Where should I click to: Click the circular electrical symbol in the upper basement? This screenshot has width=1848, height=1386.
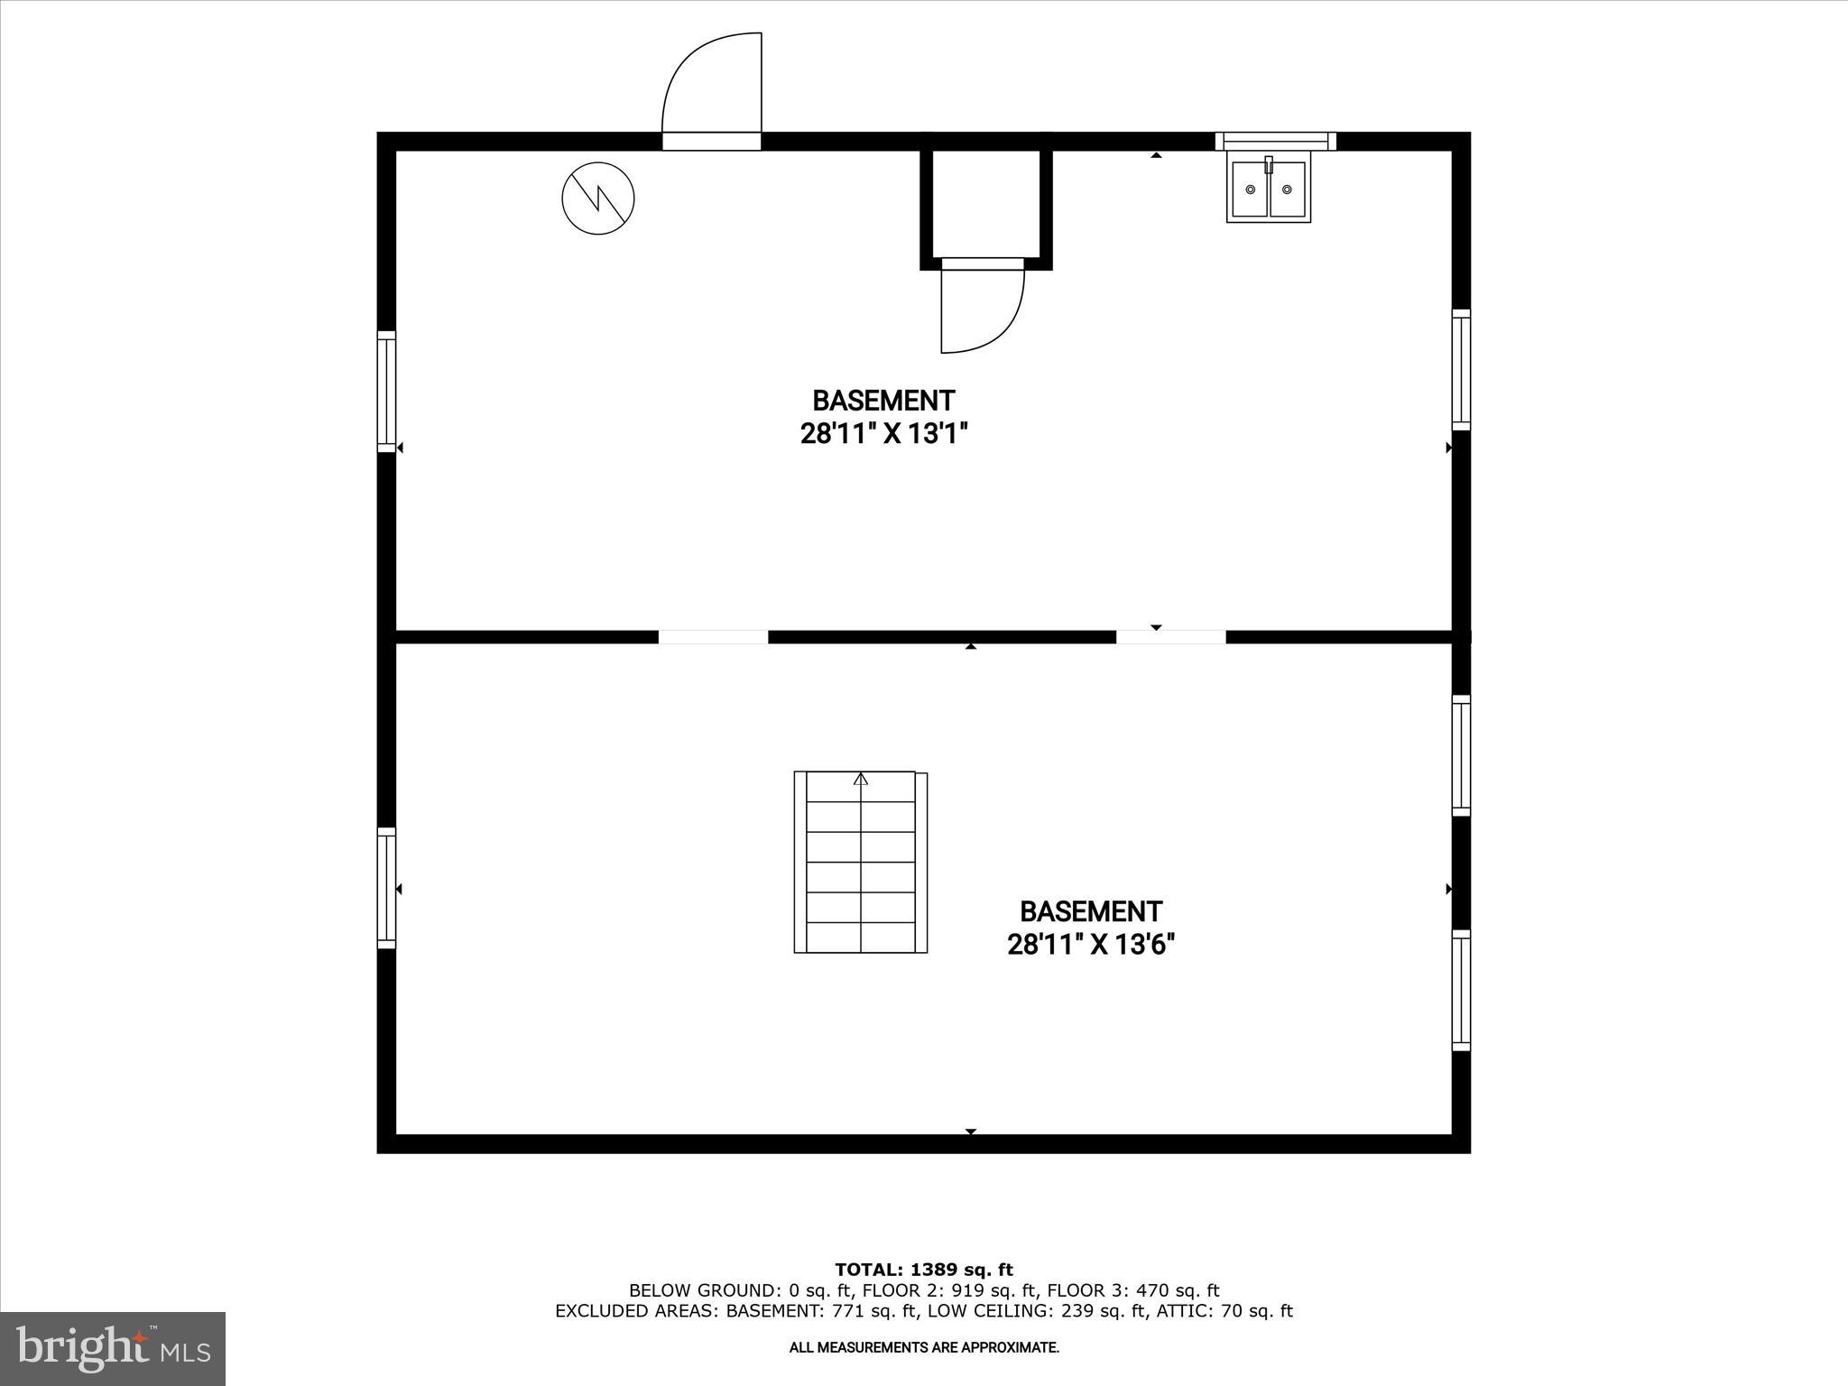click(x=597, y=199)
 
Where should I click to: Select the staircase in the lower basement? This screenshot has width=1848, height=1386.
click(x=860, y=862)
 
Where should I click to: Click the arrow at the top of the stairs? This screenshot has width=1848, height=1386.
click(x=861, y=779)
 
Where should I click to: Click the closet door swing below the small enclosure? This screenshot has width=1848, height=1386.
click(x=982, y=307)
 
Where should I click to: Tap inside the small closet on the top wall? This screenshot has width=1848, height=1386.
click(x=985, y=203)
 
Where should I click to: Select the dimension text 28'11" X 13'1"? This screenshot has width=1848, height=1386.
click(x=883, y=434)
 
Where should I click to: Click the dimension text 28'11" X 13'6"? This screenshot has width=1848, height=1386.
click(x=1091, y=945)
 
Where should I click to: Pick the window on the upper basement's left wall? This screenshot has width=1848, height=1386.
click(x=386, y=391)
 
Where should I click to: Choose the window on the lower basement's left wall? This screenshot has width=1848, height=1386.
click(x=386, y=887)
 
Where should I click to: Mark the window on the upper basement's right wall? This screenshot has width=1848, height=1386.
click(x=1461, y=370)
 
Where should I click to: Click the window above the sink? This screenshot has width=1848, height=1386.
click(x=1275, y=141)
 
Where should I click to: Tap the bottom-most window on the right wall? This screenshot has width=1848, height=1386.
click(x=1461, y=990)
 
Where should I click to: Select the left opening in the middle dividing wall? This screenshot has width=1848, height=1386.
click(x=713, y=637)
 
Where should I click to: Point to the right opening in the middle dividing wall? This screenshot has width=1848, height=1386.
click(x=1170, y=637)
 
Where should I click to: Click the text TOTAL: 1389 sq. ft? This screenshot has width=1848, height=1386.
click(x=924, y=1270)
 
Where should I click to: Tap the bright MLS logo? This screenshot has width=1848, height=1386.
click(x=113, y=1348)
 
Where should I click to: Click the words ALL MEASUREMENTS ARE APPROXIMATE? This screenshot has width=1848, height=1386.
click(x=924, y=1348)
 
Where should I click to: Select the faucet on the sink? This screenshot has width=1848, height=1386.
click(x=1269, y=165)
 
